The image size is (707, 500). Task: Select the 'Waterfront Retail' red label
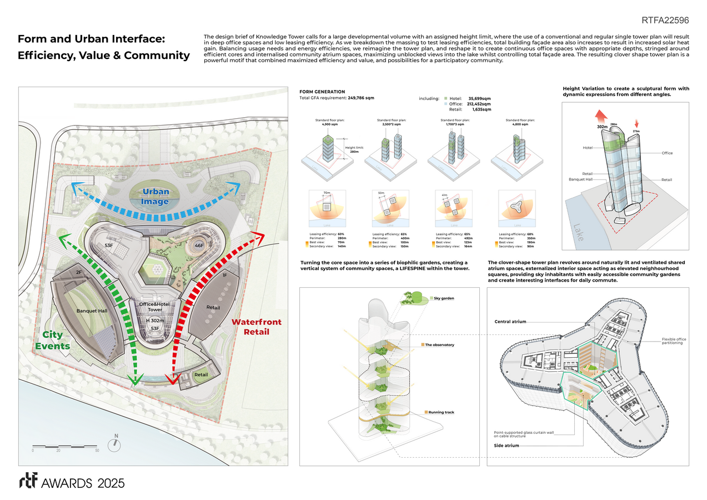click(256, 327)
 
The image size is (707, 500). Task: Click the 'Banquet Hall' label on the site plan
click(92, 311)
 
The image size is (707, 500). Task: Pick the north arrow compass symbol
click(116, 442)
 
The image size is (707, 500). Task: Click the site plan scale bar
click(65, 446)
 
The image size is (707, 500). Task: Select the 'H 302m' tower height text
click(156, 321)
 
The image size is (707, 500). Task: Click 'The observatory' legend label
click(439, 345)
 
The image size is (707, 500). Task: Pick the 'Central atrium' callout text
click(510, 322)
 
